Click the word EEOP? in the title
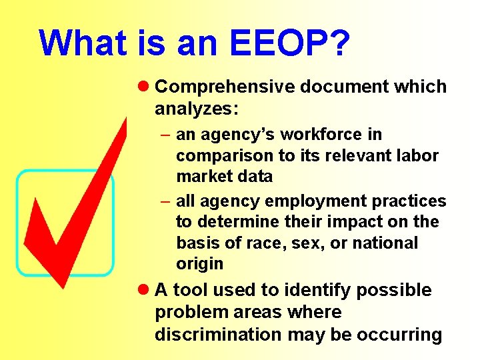point(290,43)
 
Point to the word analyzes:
point(189,108)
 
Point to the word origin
point(200,264)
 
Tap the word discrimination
point(219,334)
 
